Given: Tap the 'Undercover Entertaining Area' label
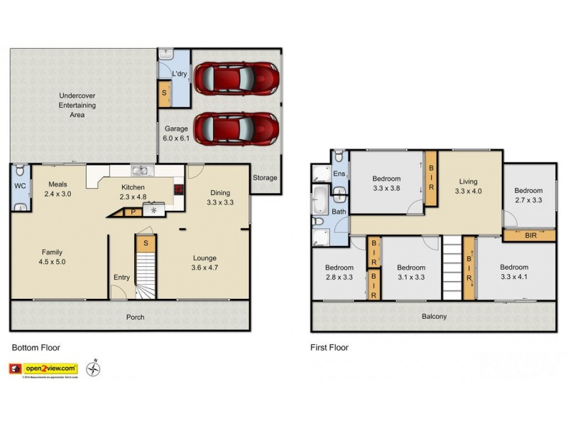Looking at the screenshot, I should pos(77,105).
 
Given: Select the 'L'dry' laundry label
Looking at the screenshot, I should pos(177,74).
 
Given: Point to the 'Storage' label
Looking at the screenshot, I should pos(265,177).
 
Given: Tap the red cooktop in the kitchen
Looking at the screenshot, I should pos(178,190).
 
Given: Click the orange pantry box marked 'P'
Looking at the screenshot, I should pos(132,211).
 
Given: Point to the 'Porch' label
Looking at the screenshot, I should pos(135,317).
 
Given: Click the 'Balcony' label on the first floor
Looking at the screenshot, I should pos(432,317).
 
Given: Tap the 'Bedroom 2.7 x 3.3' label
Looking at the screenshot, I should pos(528,195).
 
